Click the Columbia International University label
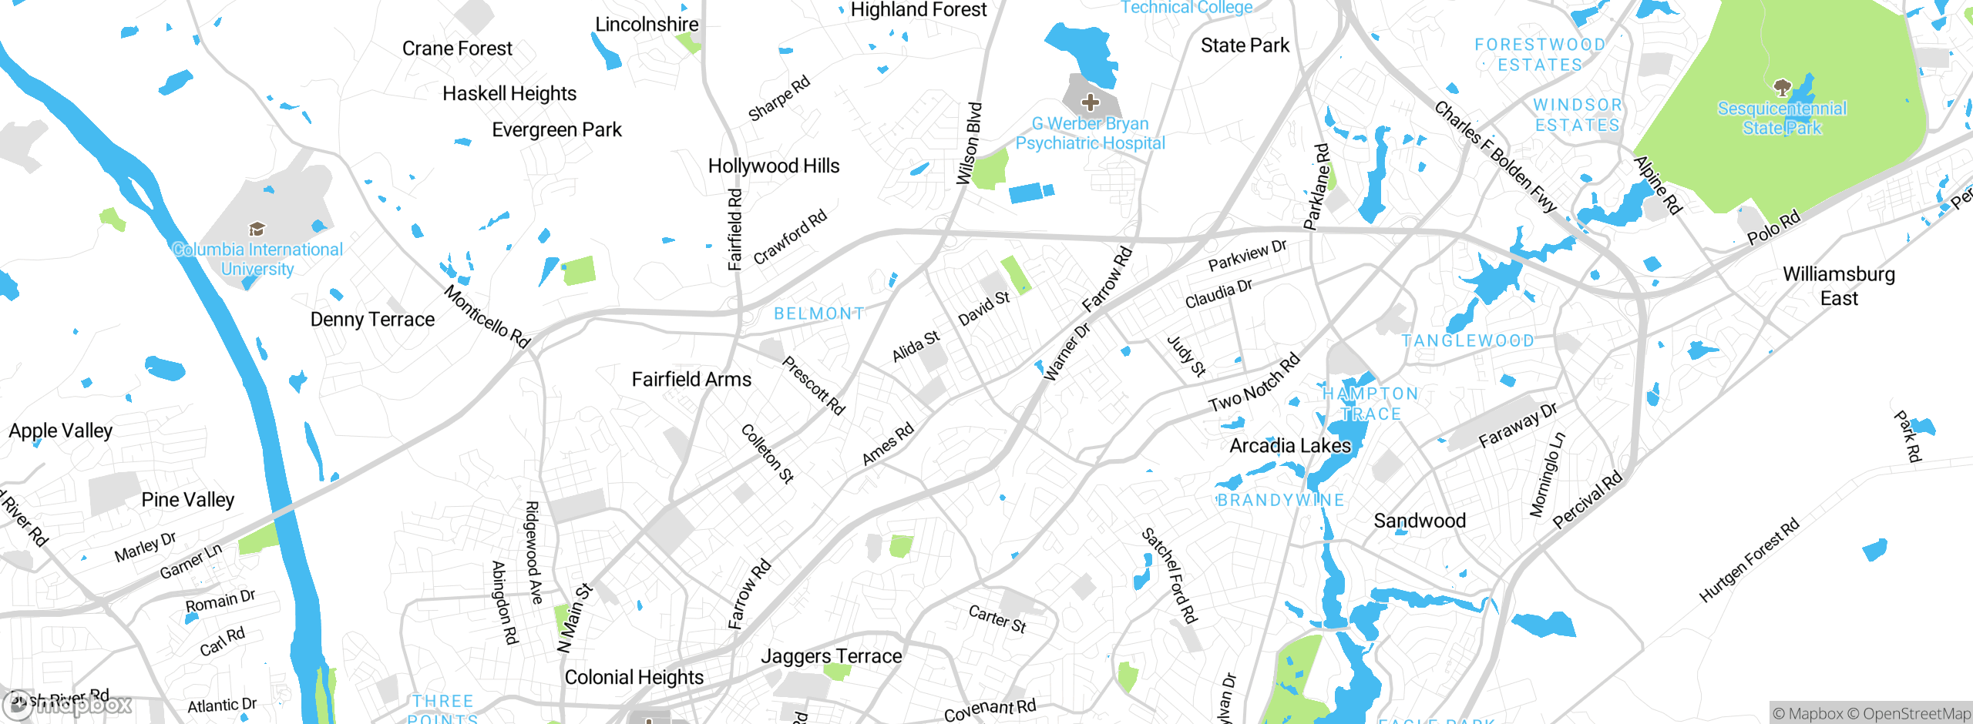tap(257, 260)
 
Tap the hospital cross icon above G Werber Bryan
tap(1090, 102)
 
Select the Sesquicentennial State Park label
tap(1782, 119)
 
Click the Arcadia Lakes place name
tap(1290, 446)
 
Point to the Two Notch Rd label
tap(1254, 383)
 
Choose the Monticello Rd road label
tap(487, 317)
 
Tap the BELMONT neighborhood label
tap(818, 313)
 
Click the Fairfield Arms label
tap(691, 380)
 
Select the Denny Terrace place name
tap(372, 320)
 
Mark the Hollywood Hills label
tap(774, 166)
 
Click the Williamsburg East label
tap(1839, 286)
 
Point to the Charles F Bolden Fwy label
tap(1495, 156)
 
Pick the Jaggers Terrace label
tap(831, 656)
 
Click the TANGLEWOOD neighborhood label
tap(1467, 340)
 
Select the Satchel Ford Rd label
tap(1170, 575)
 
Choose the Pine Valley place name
tap(188, 500)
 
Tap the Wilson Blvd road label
tap(969, 144)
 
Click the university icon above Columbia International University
tap(257, 229)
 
